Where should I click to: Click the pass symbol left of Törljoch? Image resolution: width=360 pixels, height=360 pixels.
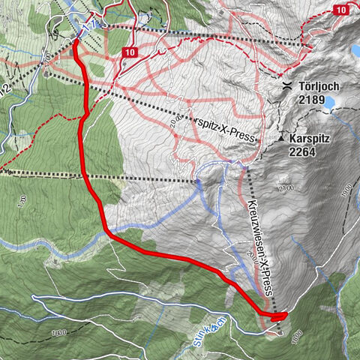coord(287,86)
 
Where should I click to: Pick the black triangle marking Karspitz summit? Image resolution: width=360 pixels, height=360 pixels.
coord(281,139)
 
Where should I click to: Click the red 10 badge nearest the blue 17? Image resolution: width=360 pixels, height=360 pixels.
coord(130,52)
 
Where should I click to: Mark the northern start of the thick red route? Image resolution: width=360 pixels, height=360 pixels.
coord(76,42)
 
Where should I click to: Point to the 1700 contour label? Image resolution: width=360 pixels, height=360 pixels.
coord(23,201)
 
